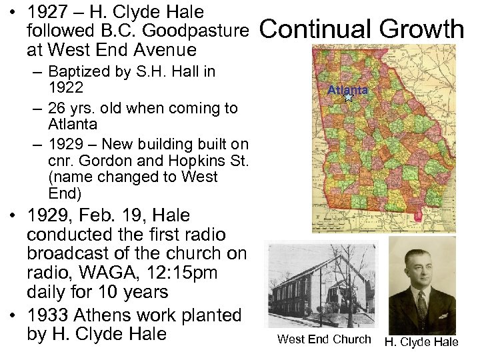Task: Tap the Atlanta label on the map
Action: pyautogui.click(x=347, y=90)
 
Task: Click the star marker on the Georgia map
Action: pyautogui.click(x=347, y=97)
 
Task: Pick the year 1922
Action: pyautogui.click(x=65, y=88)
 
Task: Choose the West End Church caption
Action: pyautogui.click(x=324, y=339)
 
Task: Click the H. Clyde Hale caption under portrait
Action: pyautogui.click(x=421, y=342)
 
